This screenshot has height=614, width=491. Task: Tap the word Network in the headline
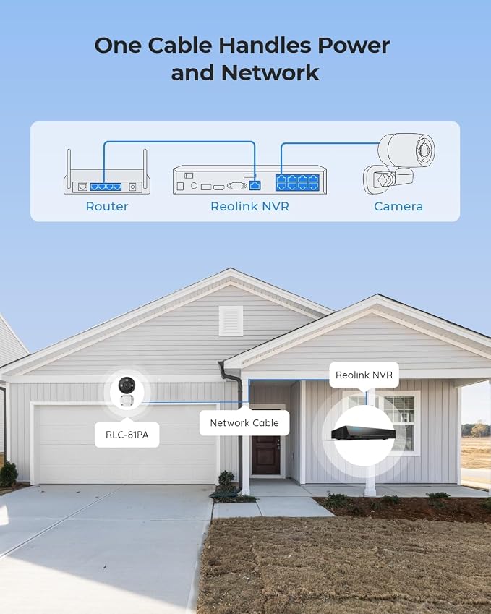click(270, 73)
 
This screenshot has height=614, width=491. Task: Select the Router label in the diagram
click(107, 206)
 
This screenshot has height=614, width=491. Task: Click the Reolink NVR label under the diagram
click(249, 206)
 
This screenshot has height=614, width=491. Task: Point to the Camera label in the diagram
click(398, 206)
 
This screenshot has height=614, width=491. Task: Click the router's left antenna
click(69, 163)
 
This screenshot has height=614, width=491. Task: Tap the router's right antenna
click(145, 163)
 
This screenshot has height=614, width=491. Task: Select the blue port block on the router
click(106, 187)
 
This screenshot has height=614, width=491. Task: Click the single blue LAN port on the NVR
click(255, 185)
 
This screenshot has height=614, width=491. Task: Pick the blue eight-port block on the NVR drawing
click(298, 182)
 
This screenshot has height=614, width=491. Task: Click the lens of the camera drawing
click(424, 150)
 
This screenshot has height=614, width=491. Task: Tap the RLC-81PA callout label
click(127, 435)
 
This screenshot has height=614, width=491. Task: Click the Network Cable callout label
click(244, 422)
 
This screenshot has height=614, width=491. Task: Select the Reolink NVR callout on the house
click(364, 375)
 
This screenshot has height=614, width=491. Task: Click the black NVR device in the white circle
click(363, 433)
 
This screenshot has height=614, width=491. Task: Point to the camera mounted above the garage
click(127, 392)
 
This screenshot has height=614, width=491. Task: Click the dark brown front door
click(266, 455)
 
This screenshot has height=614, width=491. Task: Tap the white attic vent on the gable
click(231, 320)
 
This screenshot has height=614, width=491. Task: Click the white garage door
click(126, 445)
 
